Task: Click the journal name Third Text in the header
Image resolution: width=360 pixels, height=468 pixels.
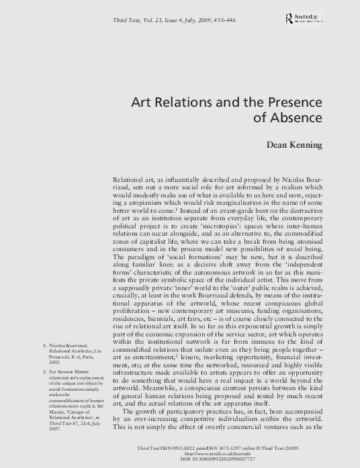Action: (x=132, y=24)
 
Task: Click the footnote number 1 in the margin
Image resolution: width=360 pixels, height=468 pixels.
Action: (x=44, y=346)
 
